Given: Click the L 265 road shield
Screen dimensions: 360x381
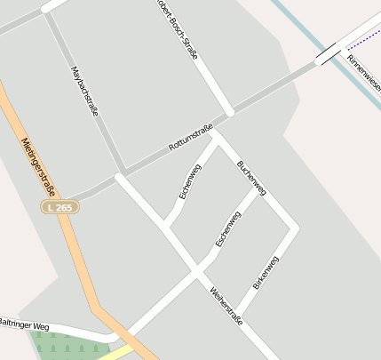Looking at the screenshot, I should pyautogui.click(x=60, y=206).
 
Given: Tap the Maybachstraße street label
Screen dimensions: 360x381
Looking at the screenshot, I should pyautogui.click(x=83, y=91).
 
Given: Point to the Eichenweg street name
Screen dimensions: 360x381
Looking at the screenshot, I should pyautogui.click(x=190, y=181).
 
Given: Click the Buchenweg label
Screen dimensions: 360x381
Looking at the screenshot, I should pyautogui.click(x=251, y=178).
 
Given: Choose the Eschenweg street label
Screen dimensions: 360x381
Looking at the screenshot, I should pyautogui.click(x=228, y=229).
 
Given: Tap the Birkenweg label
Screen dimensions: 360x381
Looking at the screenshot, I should pyautogui.click(x=266, y=273).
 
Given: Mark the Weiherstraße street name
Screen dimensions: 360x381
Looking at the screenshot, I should pyautogui.click(x=226, y=307).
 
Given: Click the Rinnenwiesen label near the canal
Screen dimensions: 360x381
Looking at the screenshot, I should pyautogui.click(x=364, y=75).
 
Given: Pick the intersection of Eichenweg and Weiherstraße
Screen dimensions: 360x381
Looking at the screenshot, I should pyautogui.click(x=166, y=227).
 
